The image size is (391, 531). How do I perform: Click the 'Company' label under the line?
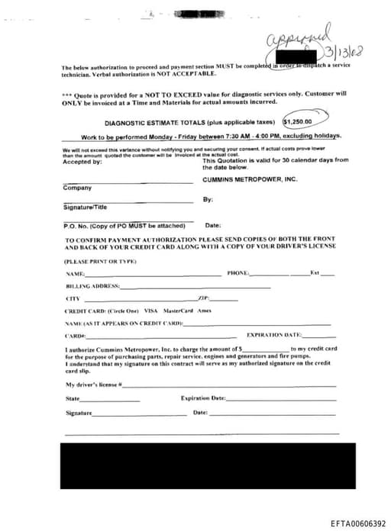click(x=77, y=188)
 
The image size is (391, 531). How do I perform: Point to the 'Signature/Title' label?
click(x=85, y=207)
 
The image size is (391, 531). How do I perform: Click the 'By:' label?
click(x=208, y=199)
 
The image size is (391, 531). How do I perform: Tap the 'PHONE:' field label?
click(x=238, y=272)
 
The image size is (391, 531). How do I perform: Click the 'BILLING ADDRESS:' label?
click(x=92, y=285)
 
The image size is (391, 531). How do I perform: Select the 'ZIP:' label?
click(x=203, y=298)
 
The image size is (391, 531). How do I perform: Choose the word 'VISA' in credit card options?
click(x=150, y=311)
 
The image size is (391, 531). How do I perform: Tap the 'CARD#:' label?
click(x=75, y=336)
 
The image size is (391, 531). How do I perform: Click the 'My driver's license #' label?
click(x=94, y=385)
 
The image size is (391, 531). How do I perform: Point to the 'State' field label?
click(x=73, y=398)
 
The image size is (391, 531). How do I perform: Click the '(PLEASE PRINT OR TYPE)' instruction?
click(x=95, y=262)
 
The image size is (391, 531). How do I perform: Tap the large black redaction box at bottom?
click(x=208, y=466)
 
